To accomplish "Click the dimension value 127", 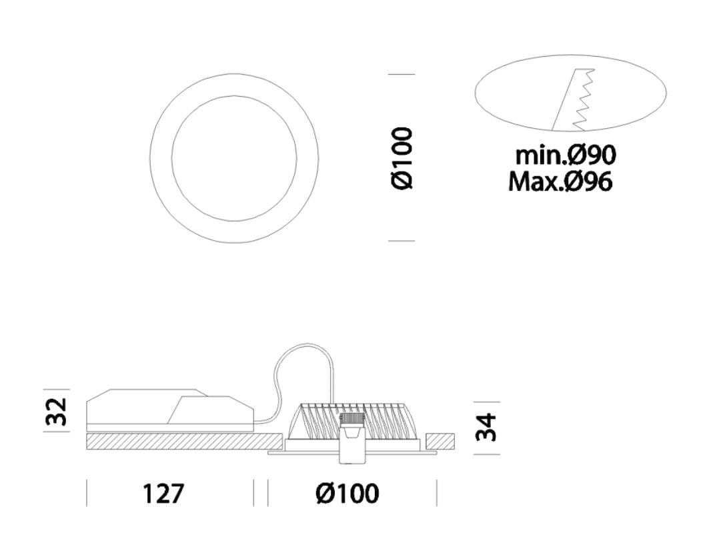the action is coord(163,493).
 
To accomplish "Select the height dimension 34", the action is coord(486,428).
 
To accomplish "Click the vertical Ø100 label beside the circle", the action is coord(402,158).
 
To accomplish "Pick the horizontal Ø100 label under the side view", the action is coord(347,493).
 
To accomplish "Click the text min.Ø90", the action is coord(566,155).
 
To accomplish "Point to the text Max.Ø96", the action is coord(560,181).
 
